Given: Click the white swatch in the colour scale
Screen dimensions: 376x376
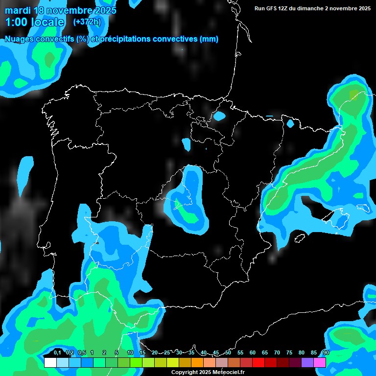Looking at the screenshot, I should tap(50, 362).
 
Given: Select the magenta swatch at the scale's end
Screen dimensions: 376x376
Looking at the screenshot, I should tap(320, 362).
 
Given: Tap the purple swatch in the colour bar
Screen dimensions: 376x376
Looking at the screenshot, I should tap(307, 362).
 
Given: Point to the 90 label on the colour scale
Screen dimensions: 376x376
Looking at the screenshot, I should tap(326, 353).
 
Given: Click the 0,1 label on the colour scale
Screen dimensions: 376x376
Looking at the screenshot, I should tap(57, 353).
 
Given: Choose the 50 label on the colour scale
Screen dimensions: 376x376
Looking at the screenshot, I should tap(228, 353).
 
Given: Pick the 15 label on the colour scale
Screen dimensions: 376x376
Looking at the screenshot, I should tap(142, 353).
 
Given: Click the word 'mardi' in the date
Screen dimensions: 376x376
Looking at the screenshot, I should tap(18, 10).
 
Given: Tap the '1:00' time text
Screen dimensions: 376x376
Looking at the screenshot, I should tap(17, 22).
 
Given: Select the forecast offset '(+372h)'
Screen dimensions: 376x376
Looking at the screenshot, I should tap(87, 22).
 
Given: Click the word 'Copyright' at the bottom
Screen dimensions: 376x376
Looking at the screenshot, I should tap(185, 373).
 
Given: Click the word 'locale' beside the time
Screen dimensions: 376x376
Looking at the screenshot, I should tap(48, 22).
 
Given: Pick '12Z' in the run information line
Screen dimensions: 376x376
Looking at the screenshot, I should tap(286, 8).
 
